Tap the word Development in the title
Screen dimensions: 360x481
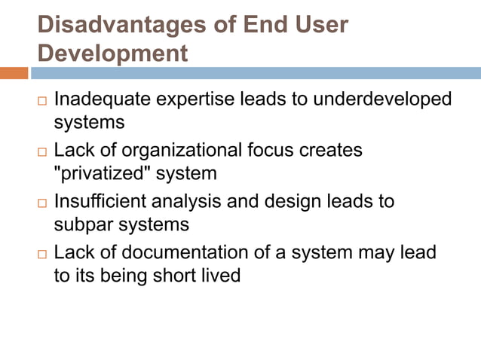coord(112,53)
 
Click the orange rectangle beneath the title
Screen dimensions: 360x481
coord(14,73)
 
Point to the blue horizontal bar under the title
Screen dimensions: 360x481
coord(256,73)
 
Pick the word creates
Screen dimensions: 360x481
coord(331,150)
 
